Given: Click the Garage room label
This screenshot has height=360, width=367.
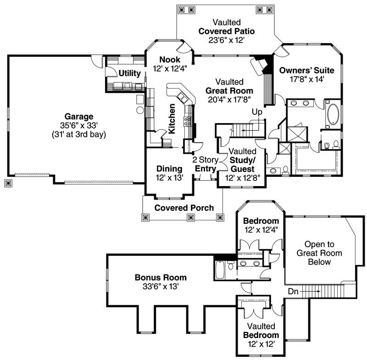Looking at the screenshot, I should tap(78, 116).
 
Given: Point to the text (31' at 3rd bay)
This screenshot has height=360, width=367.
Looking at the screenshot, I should tap(78, 135).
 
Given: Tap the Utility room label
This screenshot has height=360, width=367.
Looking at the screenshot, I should tap(129, 73).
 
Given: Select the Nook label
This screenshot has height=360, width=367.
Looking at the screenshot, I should tap(170, 60).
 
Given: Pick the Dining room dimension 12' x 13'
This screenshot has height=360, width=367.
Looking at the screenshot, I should tap(169, 178).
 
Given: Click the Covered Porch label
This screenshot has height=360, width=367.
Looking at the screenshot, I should tap(183, 208).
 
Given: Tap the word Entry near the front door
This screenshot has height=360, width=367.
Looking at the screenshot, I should tap(205, 169).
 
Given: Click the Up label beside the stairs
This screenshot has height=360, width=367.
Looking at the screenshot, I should tap(257, 112).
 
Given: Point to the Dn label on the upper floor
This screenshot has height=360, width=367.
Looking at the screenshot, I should tap(294, 291).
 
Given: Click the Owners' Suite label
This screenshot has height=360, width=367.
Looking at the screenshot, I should tap(306, 70).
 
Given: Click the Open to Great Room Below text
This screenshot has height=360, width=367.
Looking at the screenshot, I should tap(314, 253).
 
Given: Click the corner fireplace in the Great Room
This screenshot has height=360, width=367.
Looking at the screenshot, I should tap(260, 66).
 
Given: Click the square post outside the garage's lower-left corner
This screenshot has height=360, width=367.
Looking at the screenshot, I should tap(8, 183).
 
